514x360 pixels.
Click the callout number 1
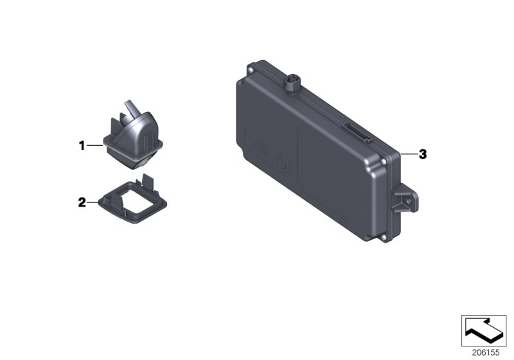(82, 146)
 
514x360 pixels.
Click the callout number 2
(82, 203)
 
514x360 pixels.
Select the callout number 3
(422, 154)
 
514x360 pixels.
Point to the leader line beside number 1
(94, 146)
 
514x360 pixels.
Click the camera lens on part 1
(143, 148)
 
